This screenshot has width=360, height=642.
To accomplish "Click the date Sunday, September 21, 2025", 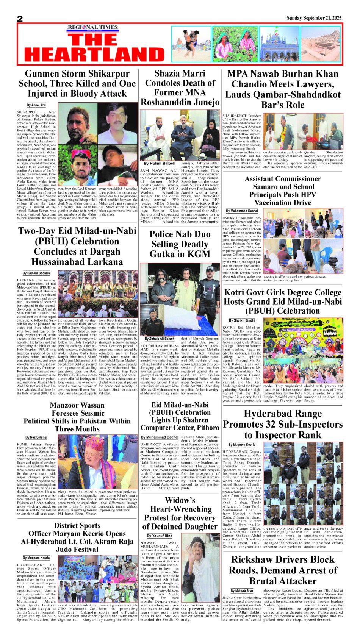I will coord(314,18).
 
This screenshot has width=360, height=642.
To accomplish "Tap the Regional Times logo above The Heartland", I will coord(93,28).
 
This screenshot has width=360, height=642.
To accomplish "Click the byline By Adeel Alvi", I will coord(36,105).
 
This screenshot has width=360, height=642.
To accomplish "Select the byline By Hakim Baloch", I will coord(160,164).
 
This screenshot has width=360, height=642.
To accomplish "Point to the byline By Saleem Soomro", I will coord(36,273).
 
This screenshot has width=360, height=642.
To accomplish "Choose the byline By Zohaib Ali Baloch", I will coord(160,339).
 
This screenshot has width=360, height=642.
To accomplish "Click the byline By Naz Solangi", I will coord(36,437).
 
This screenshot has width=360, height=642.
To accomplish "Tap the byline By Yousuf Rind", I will coord(160,536).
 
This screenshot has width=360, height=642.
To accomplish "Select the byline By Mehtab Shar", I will coord(242,590).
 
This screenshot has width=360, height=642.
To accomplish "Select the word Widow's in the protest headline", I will coord(180,500).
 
